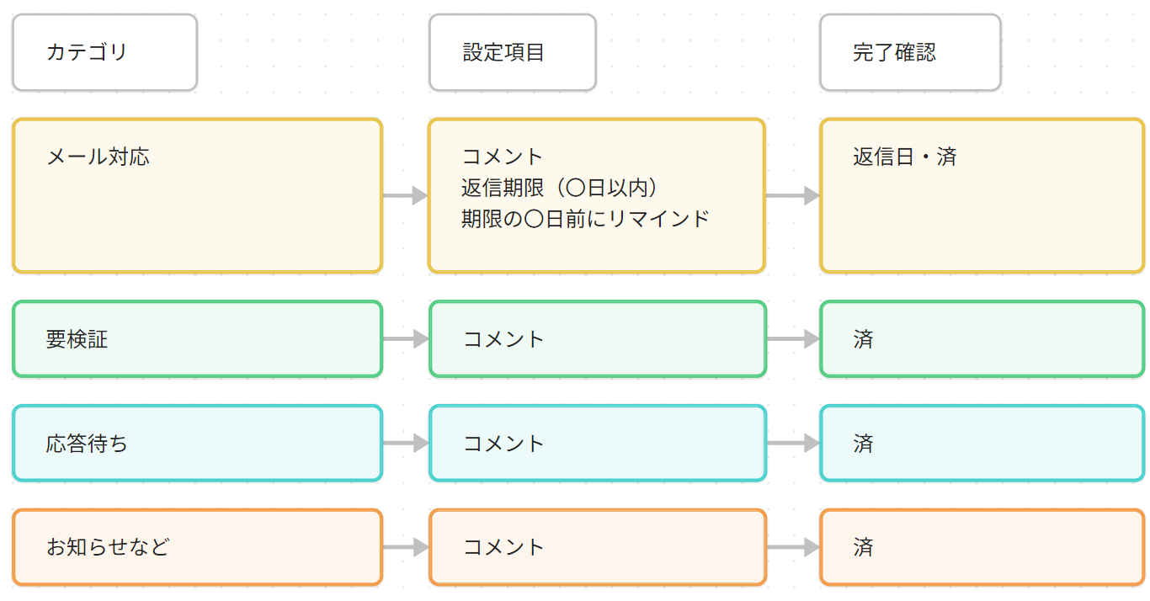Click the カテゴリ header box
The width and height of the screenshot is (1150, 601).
pos(104,52)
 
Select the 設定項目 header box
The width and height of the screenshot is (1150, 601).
pos(513,52)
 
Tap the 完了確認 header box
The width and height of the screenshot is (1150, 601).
pos(910,52)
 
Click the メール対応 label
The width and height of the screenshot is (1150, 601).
pos(98,157)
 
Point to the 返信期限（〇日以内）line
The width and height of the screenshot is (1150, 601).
pos(559,188)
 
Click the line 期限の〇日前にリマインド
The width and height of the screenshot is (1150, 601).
pos(585,219)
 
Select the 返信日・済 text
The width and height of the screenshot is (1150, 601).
pos(905,157)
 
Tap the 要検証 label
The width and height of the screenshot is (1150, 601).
pos(77,339)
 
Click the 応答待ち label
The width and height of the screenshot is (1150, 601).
pos(86,444)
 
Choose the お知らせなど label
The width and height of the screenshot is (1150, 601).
pos(108,547)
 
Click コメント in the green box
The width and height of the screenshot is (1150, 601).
pos(503,339)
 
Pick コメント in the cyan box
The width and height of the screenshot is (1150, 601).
pos(503,444)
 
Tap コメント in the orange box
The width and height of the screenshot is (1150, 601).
pos(503,547)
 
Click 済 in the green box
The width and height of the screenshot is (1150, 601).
pos(863,339)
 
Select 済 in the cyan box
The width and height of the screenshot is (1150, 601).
pos(863,444)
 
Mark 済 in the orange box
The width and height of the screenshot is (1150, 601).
pos(863,547)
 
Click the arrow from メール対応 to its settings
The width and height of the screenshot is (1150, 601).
pos(406,195)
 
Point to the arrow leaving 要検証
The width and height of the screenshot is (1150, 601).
pos(406,338)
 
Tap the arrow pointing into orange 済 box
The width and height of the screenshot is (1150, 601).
pos(793,547)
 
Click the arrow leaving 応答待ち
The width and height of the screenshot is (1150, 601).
pos(406,443)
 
